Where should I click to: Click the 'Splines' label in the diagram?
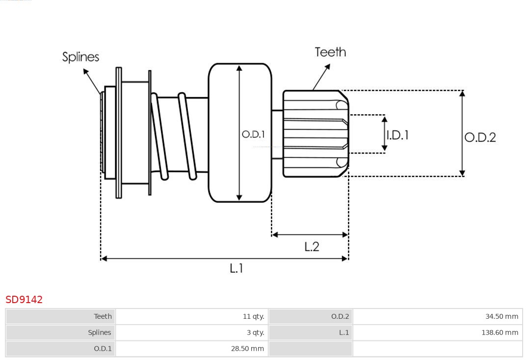[x=80, y=57]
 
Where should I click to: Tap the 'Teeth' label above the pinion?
[x=330, y=52]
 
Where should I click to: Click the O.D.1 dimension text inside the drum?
[x=253, y=134]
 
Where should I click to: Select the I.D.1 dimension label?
[x=397, y=135]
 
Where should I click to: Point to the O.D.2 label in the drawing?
[x=480, y=137]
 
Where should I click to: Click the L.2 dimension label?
[x=312, y=246]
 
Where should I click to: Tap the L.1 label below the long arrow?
[x=237, y=268]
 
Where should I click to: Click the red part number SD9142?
[x=24, y=299]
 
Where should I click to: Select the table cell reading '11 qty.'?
[x=253, y=316]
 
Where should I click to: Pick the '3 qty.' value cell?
[x=255, y=333]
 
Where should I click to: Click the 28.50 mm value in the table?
[x=247, y=349]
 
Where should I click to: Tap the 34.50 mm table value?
[x=502, y=316]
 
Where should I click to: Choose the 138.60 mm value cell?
[x=500, y=333]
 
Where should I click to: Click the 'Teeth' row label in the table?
[x=103, y=316]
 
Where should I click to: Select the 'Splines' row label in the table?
[x=100, y=333]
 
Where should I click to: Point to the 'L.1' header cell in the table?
[x=344, y=333]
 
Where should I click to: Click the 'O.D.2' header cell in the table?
[x=340, y=316]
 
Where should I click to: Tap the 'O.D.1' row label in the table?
[x=103, y=349]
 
